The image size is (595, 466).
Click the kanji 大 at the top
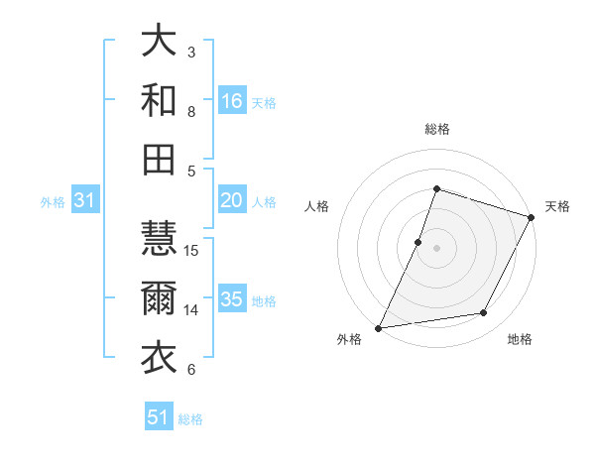159,41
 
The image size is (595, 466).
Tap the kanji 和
159,100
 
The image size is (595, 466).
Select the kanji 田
159,160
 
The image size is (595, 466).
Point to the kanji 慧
159,239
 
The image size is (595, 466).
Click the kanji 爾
159,298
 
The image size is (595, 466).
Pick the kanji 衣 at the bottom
159,358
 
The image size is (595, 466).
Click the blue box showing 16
232,101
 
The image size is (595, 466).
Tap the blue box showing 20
232,201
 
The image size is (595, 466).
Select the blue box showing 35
232,300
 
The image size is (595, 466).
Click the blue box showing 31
85,201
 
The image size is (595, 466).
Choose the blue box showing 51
159,417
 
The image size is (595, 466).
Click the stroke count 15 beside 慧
192,250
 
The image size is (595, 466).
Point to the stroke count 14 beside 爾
192,310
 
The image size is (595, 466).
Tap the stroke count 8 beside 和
191,111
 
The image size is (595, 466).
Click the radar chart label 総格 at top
436,129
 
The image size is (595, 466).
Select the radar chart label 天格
557,206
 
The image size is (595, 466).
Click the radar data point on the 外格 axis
378,328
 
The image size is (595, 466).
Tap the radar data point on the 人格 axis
418,241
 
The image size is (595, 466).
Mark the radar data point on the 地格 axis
484,313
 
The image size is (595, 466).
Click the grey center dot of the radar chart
436,247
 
